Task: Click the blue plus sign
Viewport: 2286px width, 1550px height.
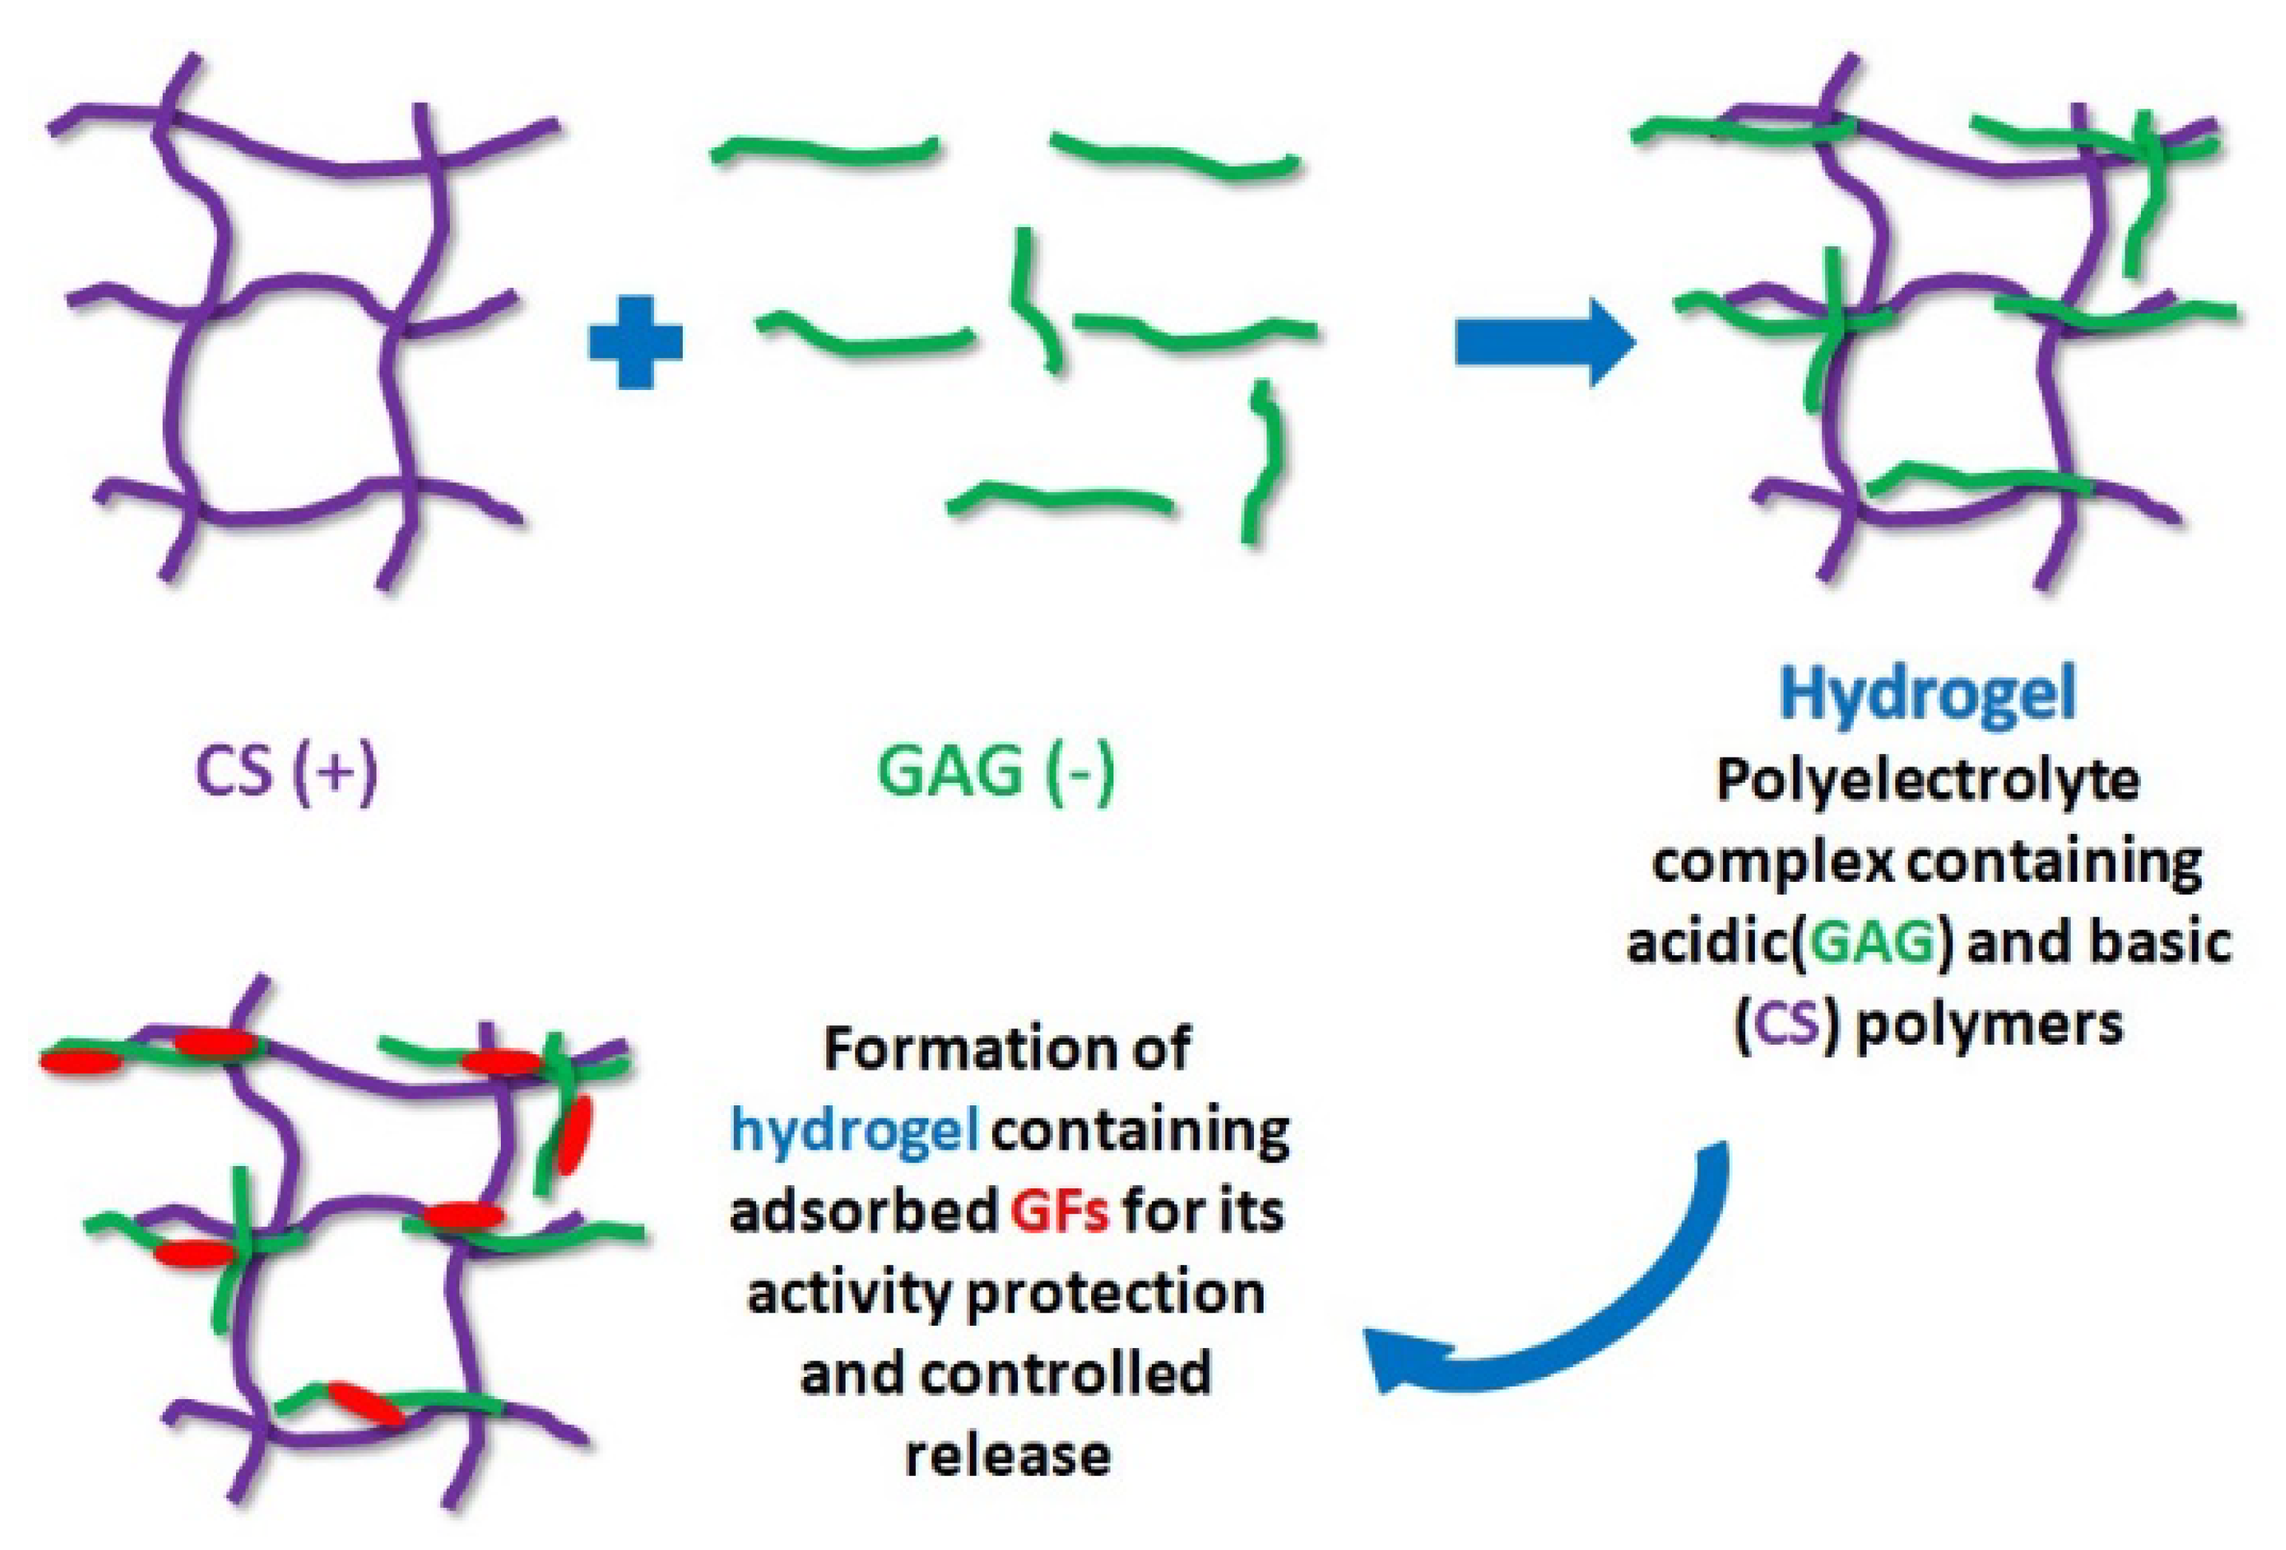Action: (635, 343)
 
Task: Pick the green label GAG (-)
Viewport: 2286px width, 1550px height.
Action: (996, 772)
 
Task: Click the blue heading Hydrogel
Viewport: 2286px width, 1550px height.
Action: (1927, 693)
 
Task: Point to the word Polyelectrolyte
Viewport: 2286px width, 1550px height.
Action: (1927, 782)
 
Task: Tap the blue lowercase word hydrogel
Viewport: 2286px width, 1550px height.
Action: (854, 1131)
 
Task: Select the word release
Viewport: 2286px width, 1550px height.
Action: (1008, 1455)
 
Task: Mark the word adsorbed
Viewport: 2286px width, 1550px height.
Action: (863, 1213)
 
